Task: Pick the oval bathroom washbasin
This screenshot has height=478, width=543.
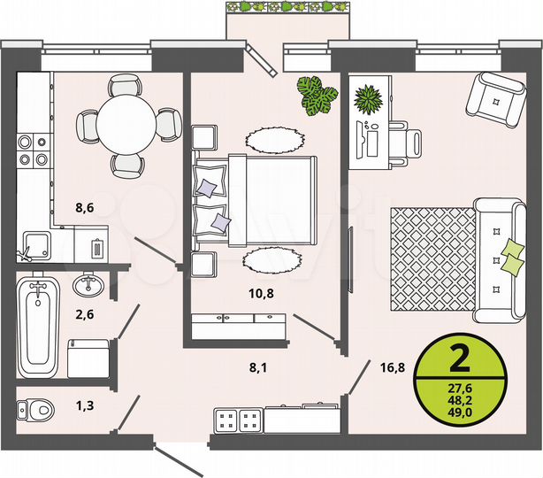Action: click(x=87, y=286)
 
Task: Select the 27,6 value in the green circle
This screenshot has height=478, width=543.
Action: click(x=459, y=387)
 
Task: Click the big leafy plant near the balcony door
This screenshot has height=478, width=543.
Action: click(x=316, y=96)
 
